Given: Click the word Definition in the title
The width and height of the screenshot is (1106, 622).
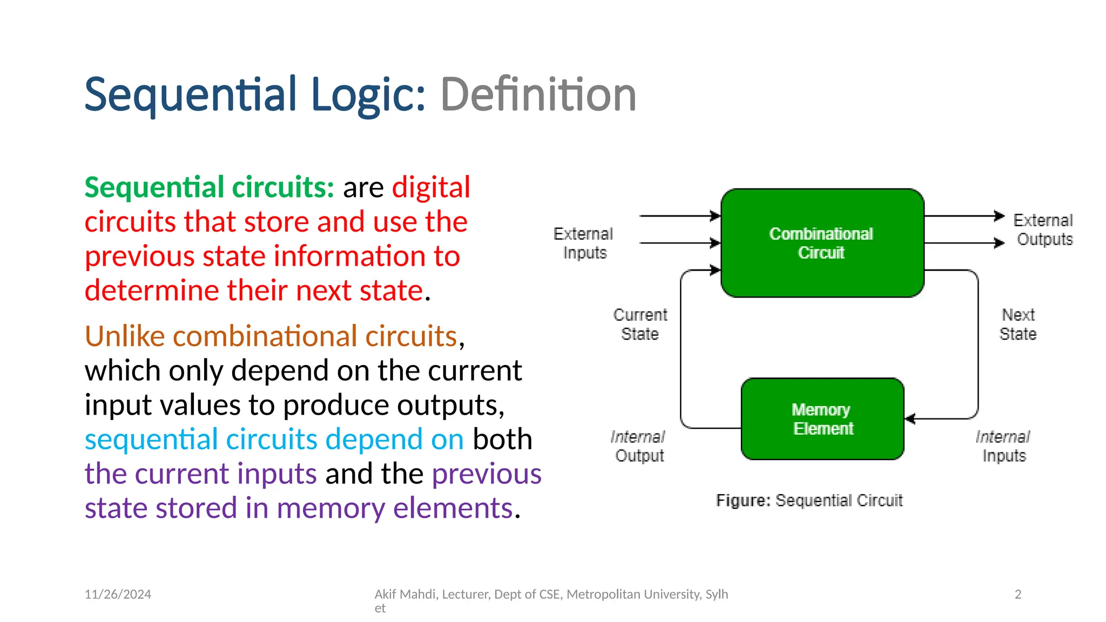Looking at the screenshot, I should click(x=538, y=95).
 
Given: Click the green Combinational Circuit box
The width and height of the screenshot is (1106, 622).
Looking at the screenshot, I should click(x=822, y=243).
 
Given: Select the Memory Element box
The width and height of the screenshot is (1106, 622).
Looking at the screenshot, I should click(x=822, y=419).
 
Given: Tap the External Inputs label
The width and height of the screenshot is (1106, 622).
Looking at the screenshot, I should click(x=584, y=243).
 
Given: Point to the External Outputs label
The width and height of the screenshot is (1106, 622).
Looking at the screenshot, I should click(x=1043, y=229).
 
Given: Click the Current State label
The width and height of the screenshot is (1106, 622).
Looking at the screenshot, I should click(x=640, y=324).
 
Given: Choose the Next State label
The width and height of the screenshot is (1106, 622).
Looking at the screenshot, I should click(x=1018, y=324).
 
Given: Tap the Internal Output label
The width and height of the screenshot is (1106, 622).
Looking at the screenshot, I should click(x=638, y=446).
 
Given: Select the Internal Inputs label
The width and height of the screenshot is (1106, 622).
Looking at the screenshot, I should click(x=1003, y=446).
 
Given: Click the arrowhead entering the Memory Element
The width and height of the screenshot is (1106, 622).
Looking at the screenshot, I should click(x=910, y=418).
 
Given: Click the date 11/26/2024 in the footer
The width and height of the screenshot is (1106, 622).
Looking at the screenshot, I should click(x=118, y=594).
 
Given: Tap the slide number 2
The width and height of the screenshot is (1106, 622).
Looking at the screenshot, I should click(x=1018, y=594).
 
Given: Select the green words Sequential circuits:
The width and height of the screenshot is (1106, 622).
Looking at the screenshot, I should click(x=210, y=187).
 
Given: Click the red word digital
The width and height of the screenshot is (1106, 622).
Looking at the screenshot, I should click(x=431, y=187).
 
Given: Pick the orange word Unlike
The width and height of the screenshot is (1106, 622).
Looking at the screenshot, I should click(x=125, y=336).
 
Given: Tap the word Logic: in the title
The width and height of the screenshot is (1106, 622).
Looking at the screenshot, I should click(x=369, y=95).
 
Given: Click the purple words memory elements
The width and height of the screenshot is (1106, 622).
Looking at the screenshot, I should click(x=394, y=508).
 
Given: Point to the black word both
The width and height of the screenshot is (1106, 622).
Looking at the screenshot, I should click(x=502, y=439).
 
